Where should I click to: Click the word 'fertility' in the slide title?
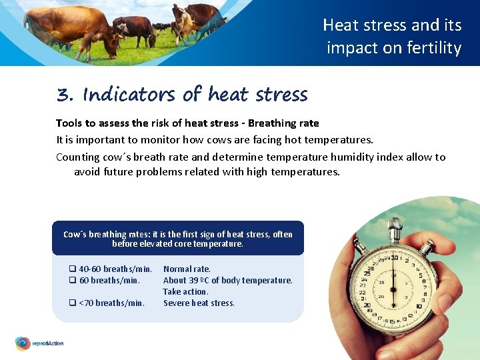point(435,48)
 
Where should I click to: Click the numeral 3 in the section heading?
point(64,95)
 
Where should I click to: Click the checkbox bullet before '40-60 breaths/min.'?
point(73,269)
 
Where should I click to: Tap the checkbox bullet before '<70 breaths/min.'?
point(73,303)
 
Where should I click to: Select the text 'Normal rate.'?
point(187,269)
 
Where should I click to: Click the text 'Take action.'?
point(186,292)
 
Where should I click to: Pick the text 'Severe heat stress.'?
point(199,303)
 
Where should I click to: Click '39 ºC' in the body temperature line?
point(199,281)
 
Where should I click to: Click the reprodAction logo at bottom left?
point(39,343)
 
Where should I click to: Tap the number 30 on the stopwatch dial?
point(395,258)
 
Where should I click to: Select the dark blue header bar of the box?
point(177,238)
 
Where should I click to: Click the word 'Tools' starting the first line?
point(69,123)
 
